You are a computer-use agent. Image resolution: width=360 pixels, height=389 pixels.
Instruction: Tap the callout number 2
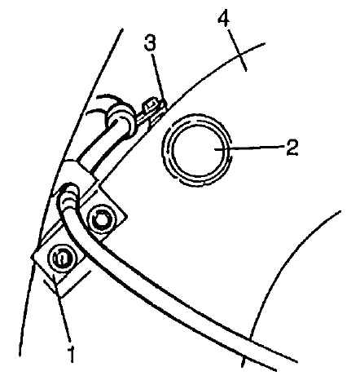click(292, 148)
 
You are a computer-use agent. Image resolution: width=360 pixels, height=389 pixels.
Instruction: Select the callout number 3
click(150, 43)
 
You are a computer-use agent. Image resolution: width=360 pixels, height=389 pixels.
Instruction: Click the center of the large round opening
click(198, 150)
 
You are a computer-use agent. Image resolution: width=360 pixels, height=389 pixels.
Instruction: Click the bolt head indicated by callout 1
click(61, 258)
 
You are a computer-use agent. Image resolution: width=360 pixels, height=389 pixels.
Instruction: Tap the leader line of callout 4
click(237, 50)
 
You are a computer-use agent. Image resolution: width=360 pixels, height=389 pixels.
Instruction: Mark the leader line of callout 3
click(158, 77)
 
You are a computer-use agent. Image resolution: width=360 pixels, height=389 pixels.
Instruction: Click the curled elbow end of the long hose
click(68, 197)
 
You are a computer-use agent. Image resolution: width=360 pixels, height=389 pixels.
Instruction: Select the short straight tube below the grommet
click(99, 153)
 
